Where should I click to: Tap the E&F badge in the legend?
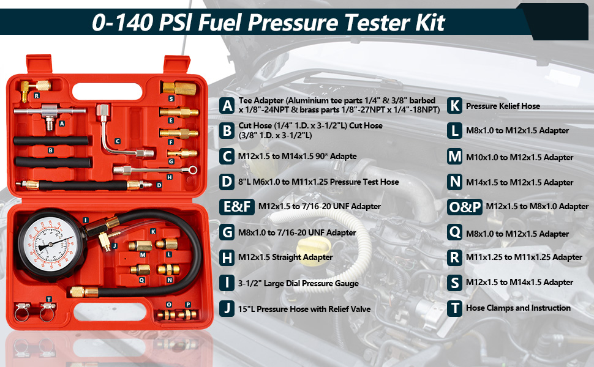236,207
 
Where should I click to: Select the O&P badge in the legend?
465,207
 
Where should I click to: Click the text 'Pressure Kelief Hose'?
503,106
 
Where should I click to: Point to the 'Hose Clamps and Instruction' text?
518,308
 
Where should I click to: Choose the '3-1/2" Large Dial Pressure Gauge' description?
299,283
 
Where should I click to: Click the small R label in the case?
37,96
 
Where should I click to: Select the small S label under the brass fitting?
171,98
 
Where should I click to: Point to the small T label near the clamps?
49,298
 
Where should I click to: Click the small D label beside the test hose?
159,185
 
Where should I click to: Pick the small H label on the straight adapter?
169,177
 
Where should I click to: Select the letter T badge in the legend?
454,308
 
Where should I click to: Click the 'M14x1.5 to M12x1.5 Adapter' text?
520,182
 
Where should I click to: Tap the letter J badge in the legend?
228,308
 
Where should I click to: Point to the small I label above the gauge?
85,220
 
